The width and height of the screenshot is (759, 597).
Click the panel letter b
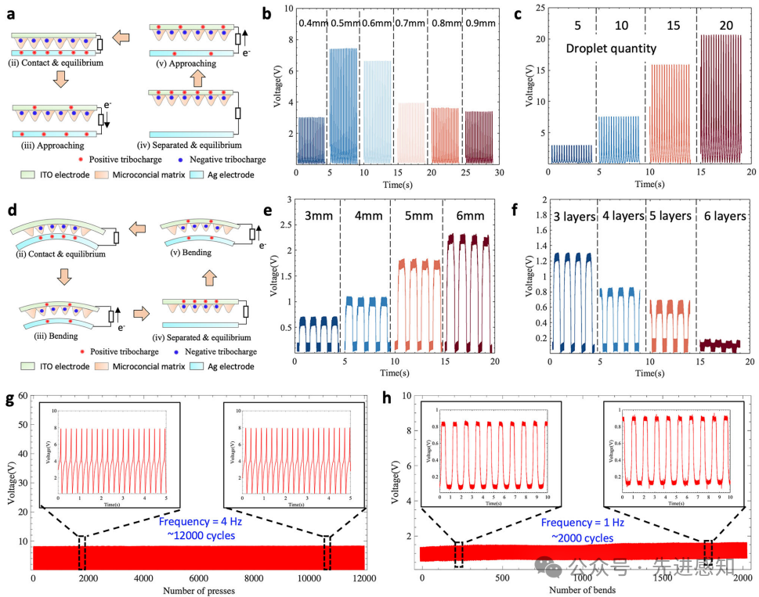tap(267, 13)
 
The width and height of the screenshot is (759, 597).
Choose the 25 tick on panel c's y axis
tap(538, 9)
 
